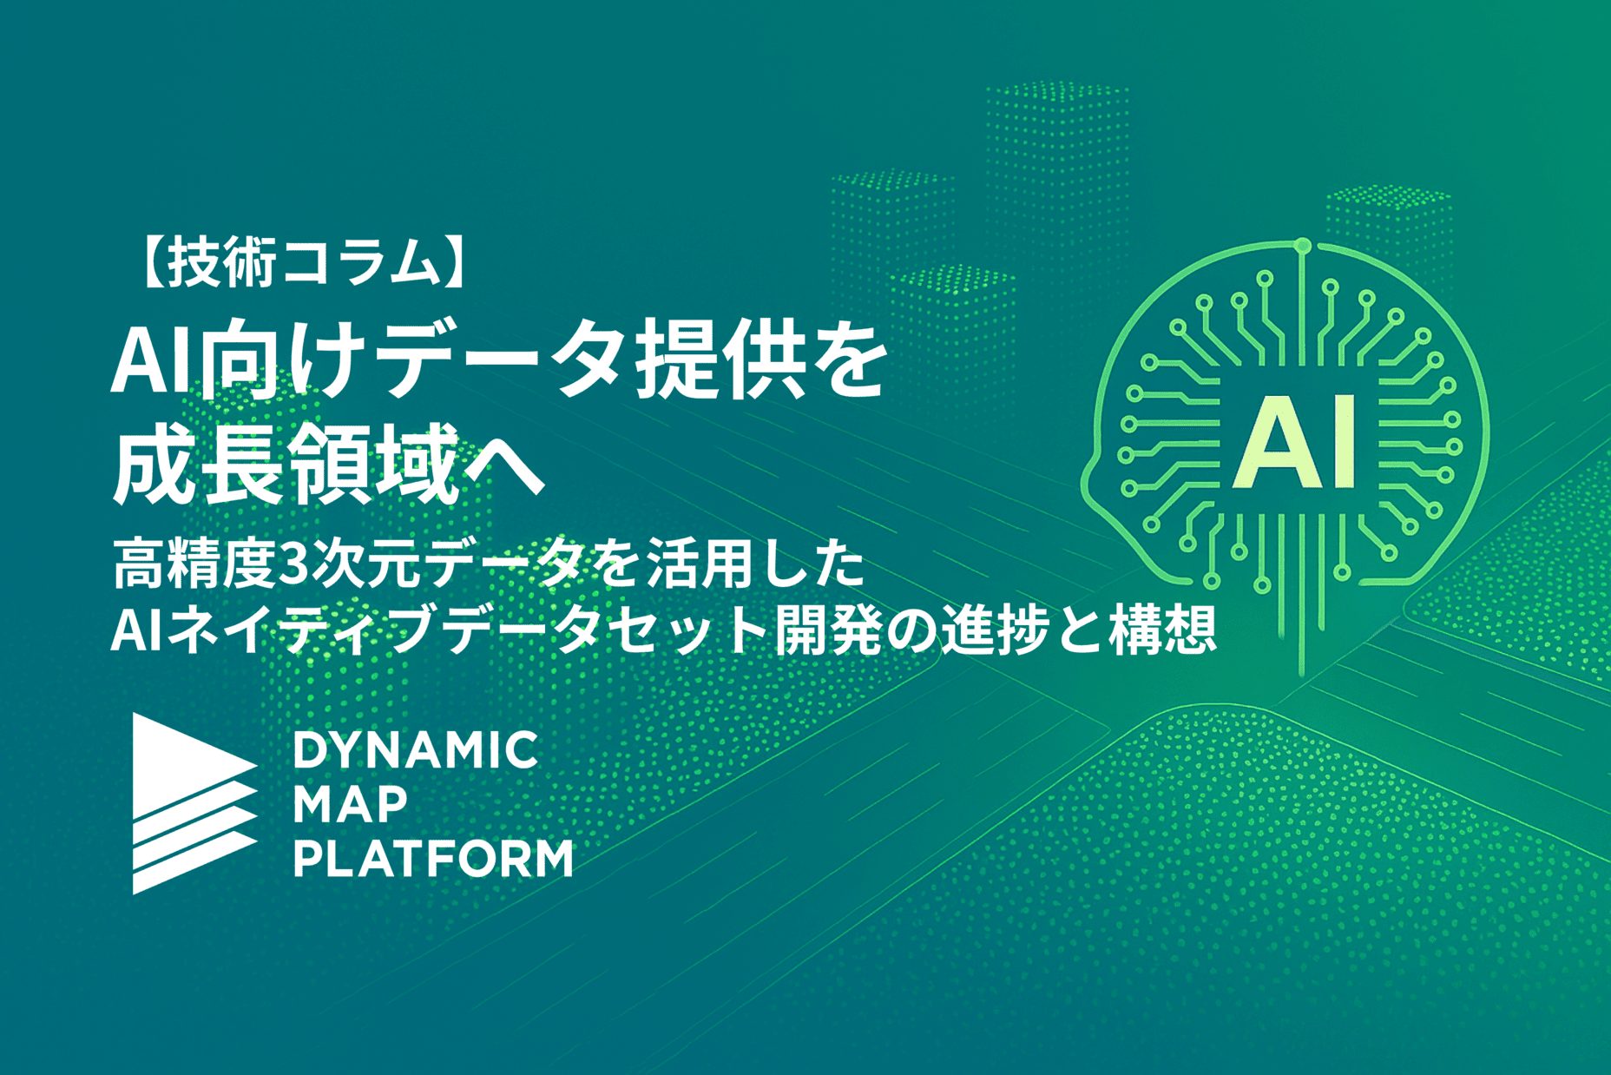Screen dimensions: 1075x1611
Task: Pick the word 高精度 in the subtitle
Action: [x=193, y=564]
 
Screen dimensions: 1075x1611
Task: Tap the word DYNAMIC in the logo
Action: [x=416, y=750]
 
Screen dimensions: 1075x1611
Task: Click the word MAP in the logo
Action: [x=350, y=805]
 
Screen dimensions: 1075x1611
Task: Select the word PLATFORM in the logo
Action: [x=433, y=860]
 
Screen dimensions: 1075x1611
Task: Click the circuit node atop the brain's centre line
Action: [x=1301, y=247]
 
